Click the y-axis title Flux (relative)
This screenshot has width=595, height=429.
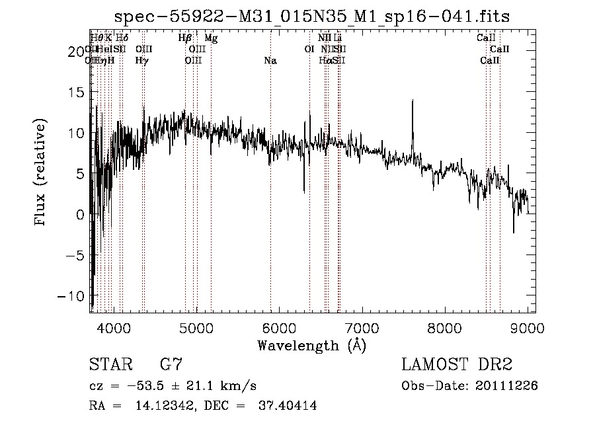coord(40,173)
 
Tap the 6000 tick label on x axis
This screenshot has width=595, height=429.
coord(279,328)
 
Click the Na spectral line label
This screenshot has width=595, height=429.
coord(270,61)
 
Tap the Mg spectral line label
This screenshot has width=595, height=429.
coord(211,38)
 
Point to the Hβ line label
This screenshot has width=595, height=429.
coord(184,38)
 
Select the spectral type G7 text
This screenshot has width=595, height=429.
coord(171,364)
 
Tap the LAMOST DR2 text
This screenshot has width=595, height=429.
coord(456,364)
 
